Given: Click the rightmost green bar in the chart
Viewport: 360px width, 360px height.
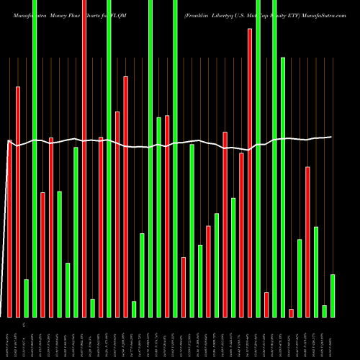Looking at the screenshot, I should click(333, 295).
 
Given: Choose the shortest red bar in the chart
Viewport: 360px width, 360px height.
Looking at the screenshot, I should click(292, 312).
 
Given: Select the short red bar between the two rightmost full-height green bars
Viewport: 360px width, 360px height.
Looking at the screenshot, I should click(266, 305).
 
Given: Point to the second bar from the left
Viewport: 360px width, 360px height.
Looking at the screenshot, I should click(18, 202).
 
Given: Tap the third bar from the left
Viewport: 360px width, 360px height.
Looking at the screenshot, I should click(26, 298).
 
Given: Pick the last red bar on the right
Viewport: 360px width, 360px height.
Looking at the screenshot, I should click(308, 241).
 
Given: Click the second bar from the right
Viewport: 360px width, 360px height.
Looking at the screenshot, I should click(325, 311).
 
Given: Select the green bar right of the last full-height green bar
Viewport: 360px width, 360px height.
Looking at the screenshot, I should click(283, 187).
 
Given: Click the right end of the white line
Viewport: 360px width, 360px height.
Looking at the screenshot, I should click(331, 137).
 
